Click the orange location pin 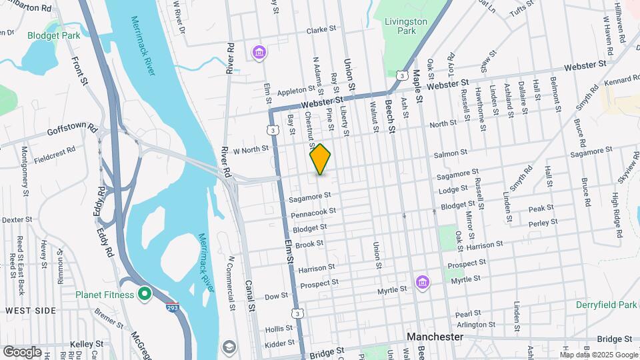[x=320, y=159]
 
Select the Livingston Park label [x=405, y=26]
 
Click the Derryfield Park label [x=607, y=305]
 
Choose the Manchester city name [x=435, y=337]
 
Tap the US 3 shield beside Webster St [x=401, y=75]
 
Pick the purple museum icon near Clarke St [x=259, y=51]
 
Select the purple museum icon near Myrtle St [x=421, y=283]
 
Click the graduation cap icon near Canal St [x=229, y=347]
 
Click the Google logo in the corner [x=22, y=351]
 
